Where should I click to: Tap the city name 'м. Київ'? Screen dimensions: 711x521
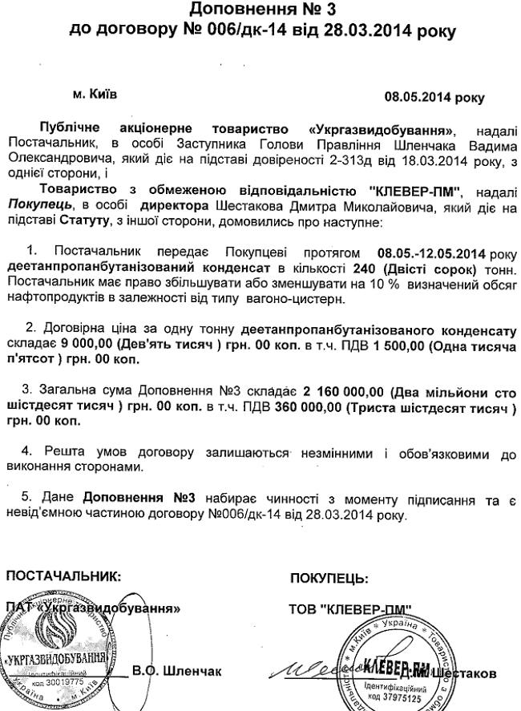pyautogui.click(x=95, y=94)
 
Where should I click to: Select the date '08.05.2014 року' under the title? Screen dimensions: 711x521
pyautogui.click(x=434, y=99)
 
